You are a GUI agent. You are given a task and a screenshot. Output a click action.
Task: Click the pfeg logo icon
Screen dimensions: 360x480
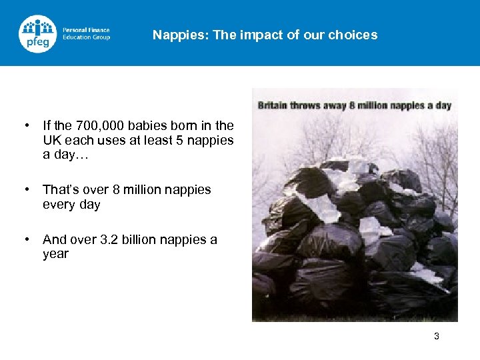[38, 34]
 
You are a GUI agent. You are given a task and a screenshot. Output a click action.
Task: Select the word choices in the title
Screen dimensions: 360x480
[356, 35]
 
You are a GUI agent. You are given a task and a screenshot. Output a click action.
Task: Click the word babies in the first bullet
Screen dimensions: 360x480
[137, 125]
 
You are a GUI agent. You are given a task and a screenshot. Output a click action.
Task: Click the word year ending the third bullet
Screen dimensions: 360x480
[55, 254]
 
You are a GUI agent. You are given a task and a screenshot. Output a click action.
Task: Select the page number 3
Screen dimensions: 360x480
[437, 336]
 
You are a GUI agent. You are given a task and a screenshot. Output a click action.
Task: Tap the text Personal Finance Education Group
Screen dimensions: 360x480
[86, 34]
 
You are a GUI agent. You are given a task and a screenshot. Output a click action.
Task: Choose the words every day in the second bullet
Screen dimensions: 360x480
[71, 205]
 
